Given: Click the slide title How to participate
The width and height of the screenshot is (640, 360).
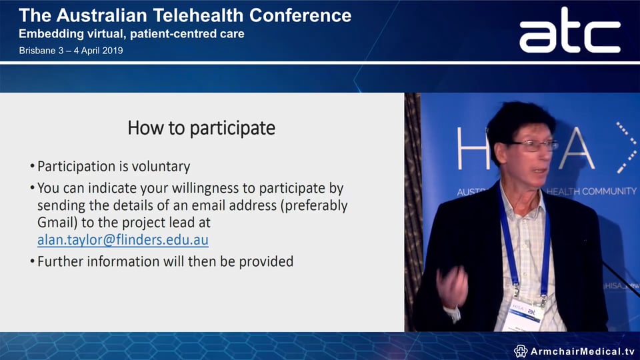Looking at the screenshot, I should pos(201,127).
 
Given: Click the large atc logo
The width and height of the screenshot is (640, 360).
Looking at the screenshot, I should pos(569,31).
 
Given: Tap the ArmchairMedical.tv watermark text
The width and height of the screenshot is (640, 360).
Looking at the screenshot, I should pos(582,351).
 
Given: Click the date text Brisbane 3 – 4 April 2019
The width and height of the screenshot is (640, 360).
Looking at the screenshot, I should pos(71,51).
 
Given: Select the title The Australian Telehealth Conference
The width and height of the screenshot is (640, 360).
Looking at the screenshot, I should pos(185,15).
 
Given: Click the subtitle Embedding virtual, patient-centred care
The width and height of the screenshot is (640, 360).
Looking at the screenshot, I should pos(131,33).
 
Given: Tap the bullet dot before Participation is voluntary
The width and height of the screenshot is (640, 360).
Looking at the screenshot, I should pos(33,167).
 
